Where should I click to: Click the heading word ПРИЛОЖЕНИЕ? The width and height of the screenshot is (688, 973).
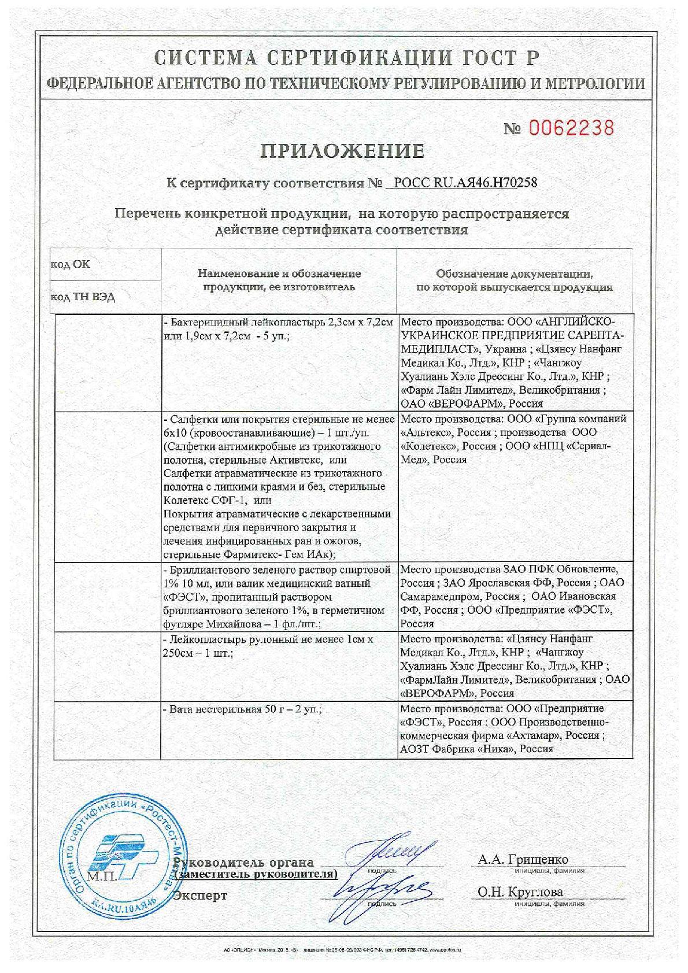[343, 151]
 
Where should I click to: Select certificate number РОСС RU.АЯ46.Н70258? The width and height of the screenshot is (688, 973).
[465, 183]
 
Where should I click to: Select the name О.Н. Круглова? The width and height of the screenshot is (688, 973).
[520, 892]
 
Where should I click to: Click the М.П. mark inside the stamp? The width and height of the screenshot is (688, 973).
[101, 876]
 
